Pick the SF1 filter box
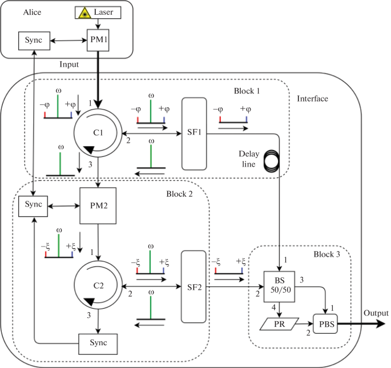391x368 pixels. pos(195,134)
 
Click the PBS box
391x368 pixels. pos(325,323)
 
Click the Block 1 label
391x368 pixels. pos(247,91)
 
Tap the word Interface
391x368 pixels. pos(313,99)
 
